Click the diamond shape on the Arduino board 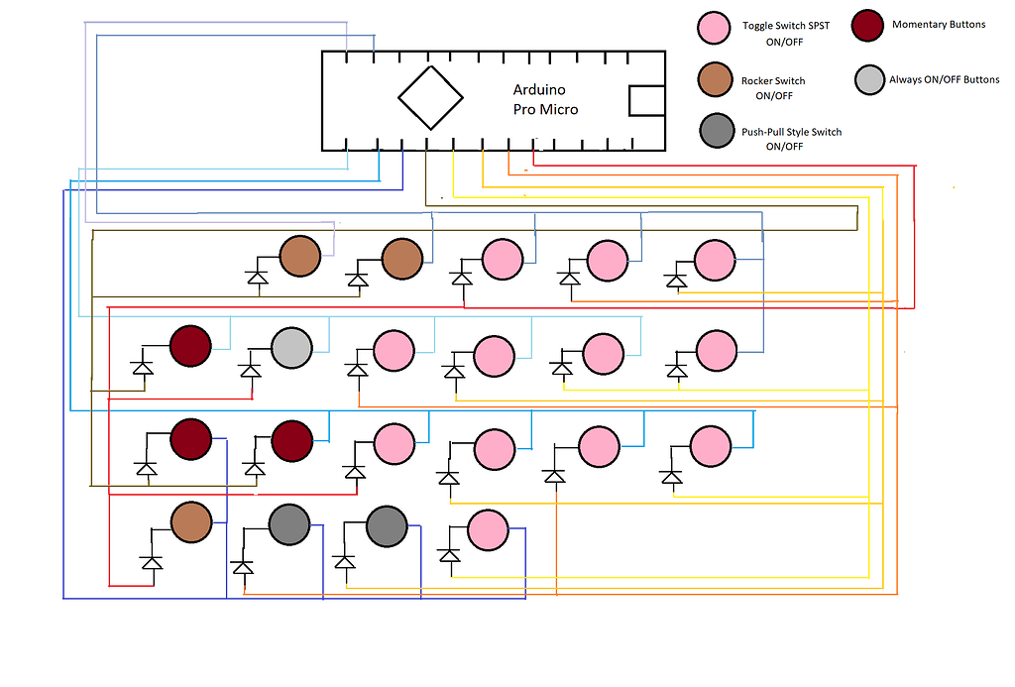pos(430,97)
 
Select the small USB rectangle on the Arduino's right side pos(647,100)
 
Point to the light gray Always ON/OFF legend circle pos(869,79)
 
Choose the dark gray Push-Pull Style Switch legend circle pos(717,131)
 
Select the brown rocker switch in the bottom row pos(191,521)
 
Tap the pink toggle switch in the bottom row pos(487,529)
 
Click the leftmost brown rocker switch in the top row pos(299,257)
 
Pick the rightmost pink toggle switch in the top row pos(714,260)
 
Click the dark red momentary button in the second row pos(190,346)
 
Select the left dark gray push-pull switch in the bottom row pos(289,524)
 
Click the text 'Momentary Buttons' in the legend pos(939,24)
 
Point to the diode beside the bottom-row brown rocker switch pos(151,562)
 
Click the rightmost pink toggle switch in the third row pos(710,446)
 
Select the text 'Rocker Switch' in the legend pos(773,81)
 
